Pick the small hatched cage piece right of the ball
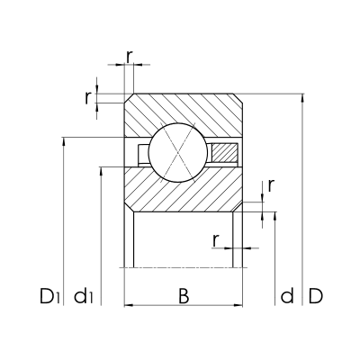225,153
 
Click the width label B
183,295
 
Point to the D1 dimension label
50,295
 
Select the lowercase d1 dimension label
86,295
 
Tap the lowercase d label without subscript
286,295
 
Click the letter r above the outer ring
130,56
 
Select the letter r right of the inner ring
270,186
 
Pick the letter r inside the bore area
216,239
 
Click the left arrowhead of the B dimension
127,306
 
